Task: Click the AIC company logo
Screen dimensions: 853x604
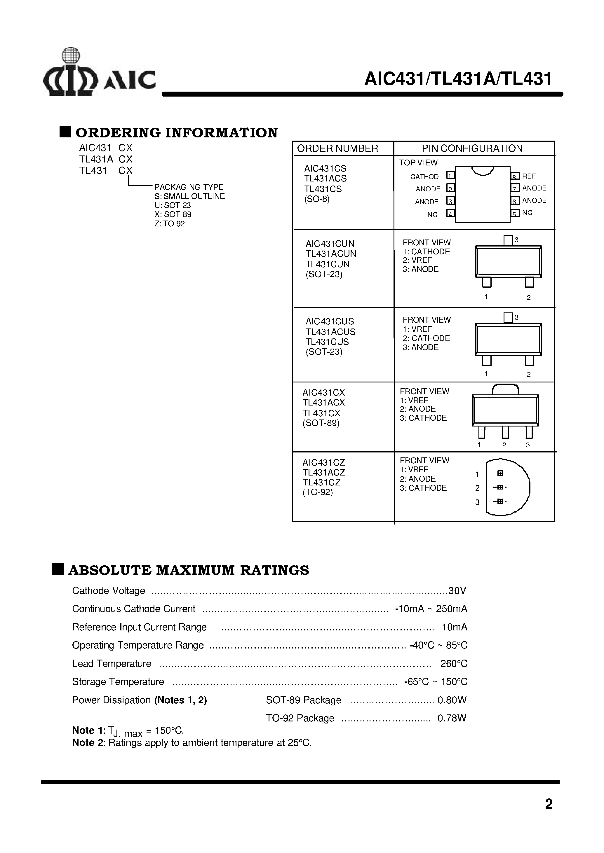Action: tap(99, 73)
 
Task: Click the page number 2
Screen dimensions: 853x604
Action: tap(549, 804)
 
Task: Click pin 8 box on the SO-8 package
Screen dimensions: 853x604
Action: tap(515, 176)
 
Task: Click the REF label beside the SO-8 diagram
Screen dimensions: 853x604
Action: tap(529, 176)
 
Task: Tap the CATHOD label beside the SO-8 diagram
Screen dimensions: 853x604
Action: tap(424, 177)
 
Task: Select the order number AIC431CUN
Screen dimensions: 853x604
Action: tap(330, 244)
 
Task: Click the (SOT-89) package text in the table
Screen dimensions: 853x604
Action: tap(321, 423)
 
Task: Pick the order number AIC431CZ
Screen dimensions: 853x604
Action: tap(323, 463)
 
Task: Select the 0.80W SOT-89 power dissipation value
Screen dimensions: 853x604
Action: tap(452, 700)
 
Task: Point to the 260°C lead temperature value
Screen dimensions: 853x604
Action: tap(454, 664)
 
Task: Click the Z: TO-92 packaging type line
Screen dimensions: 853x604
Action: tap(170, 224)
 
